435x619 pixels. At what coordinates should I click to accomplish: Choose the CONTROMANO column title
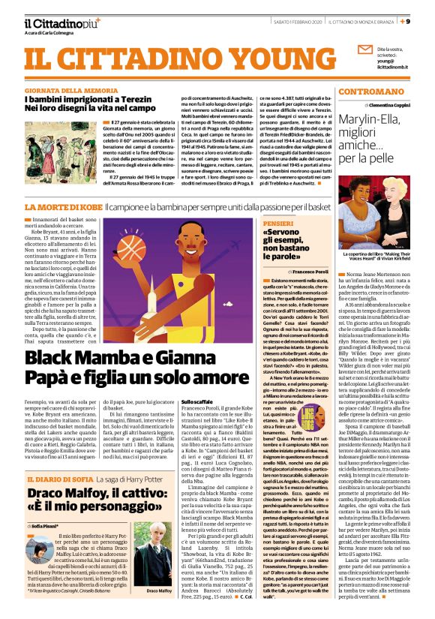pyautogui.click(x=385, y=91)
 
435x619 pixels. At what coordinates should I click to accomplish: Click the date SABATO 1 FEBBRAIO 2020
pyautogui.click(x=292, y=22)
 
